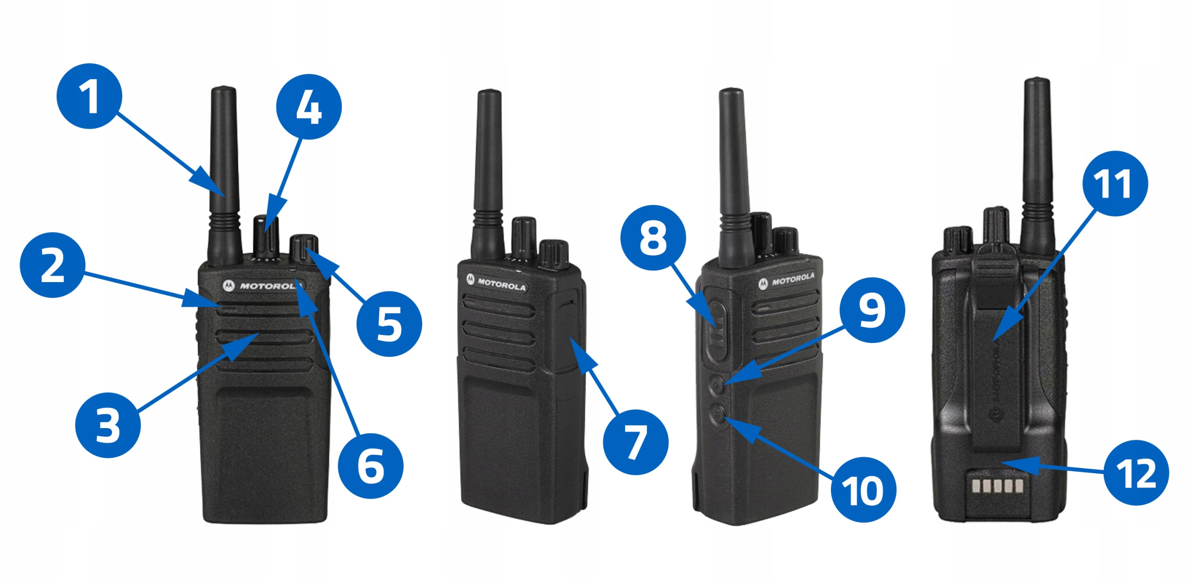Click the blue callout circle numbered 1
click(89, 96)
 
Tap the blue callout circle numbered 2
click(52, 265)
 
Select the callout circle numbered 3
click(108, 425)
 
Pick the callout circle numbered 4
click(309, 106)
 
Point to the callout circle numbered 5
click(389, 324)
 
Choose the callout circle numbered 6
click(371, 466)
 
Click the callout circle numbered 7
click(636, 442)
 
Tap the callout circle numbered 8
click(653, 237)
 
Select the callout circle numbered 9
click(872, 310)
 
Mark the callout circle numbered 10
click(863, 489)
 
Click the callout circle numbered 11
click(1115, 183)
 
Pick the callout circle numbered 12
click(1137, 473)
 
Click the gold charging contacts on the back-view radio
click(997, 486)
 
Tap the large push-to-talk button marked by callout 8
click(716, 330)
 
